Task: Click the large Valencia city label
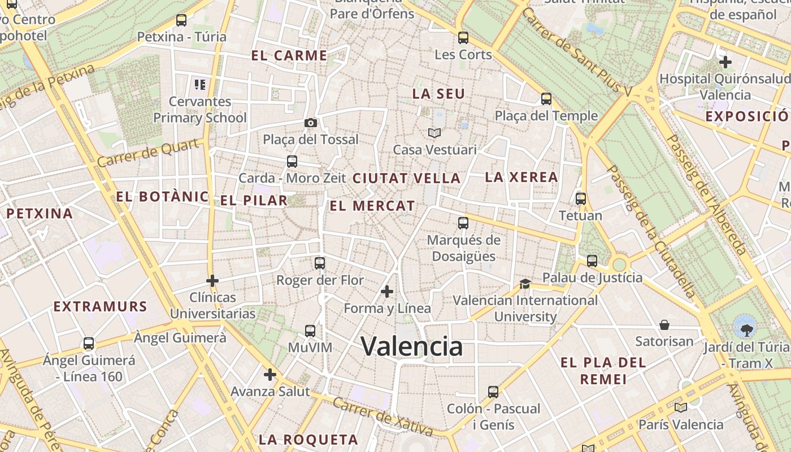point(411,346)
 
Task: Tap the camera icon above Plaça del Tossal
point(310,123)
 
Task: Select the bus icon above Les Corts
point(463,38)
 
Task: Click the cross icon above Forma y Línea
point(387,292)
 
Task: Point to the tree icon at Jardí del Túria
point(745,326)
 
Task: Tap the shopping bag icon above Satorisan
point(664,325)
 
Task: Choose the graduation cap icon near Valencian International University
point(525,284)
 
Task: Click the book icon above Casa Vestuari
point(434,133)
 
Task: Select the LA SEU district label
point(438,94)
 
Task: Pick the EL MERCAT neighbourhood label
point(372,206)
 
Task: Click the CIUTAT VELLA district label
point(407,178)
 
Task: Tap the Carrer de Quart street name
point(148,153)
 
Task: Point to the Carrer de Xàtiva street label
point(383,417)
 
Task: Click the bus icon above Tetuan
point(581,199)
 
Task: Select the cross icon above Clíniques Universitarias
point(212,280)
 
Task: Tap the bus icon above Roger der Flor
point(320,263)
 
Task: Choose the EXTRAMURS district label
point(100,307)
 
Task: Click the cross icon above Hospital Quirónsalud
point(725,62)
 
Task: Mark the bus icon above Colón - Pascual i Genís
point(493,392)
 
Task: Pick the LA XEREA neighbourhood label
point(521,177)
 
